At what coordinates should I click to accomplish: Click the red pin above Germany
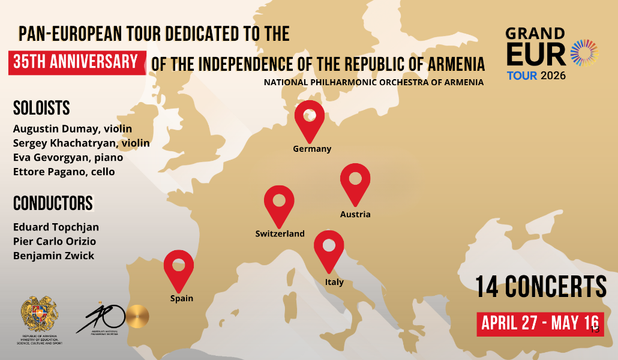tap(310, 119)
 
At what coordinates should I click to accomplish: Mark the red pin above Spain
tap(179, 268)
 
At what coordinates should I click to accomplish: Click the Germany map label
tap(312, 149)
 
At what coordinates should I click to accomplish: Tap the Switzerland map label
tap(280, 234)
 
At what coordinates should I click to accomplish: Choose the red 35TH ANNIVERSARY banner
tap(77, 62)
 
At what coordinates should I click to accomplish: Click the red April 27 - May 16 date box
tap(539, 324)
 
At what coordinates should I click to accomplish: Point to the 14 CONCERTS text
tap(541, 287)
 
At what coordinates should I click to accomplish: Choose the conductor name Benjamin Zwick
tap(53, 256)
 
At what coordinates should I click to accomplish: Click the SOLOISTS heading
tap(41, 108)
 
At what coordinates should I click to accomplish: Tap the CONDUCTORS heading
tap(53, 203)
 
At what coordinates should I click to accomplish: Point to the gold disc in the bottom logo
tap(137, 316)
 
